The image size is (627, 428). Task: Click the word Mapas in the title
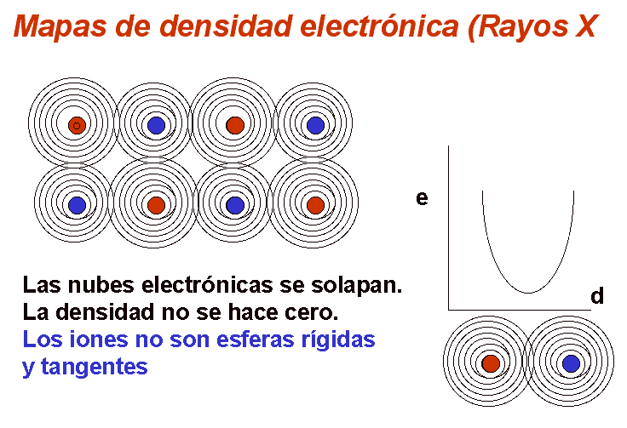60,27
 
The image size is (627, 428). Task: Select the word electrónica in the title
379,26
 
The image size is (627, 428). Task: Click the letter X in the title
587,26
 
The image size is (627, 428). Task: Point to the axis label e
422,198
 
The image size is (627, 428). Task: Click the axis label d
597,296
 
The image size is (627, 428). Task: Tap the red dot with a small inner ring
77,125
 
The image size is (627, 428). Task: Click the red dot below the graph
491,363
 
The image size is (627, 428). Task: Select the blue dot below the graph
571,363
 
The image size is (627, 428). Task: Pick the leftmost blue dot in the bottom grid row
77,205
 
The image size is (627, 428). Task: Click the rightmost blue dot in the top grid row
315,125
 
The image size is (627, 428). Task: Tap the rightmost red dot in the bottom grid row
315,205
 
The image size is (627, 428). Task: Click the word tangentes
95,367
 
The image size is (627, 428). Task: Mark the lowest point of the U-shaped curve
529,293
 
